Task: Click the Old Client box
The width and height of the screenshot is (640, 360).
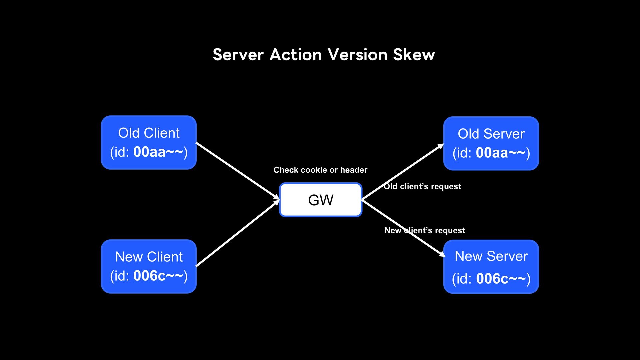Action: (149, 143)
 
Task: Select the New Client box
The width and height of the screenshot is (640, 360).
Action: (149, 266)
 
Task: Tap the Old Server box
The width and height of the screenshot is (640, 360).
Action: (491, 143)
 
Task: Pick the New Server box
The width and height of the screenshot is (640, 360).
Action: (491, 267)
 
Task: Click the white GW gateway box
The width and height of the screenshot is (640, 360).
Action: (321, 200)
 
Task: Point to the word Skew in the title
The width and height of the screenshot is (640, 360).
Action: (414, 55)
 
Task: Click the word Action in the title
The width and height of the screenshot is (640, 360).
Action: (296, 55)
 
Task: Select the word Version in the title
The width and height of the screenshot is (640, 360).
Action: (357, 55)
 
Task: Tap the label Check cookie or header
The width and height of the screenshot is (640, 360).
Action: (320, 170)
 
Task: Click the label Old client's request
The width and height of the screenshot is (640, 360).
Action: (422, 186)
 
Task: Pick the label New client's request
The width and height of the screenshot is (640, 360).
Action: (425, 230)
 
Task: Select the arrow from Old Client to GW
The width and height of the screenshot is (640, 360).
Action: (238, 171)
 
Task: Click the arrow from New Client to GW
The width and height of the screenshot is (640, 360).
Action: (238, 233)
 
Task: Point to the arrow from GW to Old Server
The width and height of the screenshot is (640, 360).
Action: (403, 172)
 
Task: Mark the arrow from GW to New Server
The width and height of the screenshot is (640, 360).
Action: (404, 228)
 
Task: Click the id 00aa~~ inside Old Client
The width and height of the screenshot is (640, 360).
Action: (158, 152)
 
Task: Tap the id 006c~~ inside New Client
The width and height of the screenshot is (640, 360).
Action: (158, 276)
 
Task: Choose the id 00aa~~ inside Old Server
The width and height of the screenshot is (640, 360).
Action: (501, 153)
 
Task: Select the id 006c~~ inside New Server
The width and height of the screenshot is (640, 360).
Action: (501, 279)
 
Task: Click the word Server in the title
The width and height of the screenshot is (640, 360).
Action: (238, 55)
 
